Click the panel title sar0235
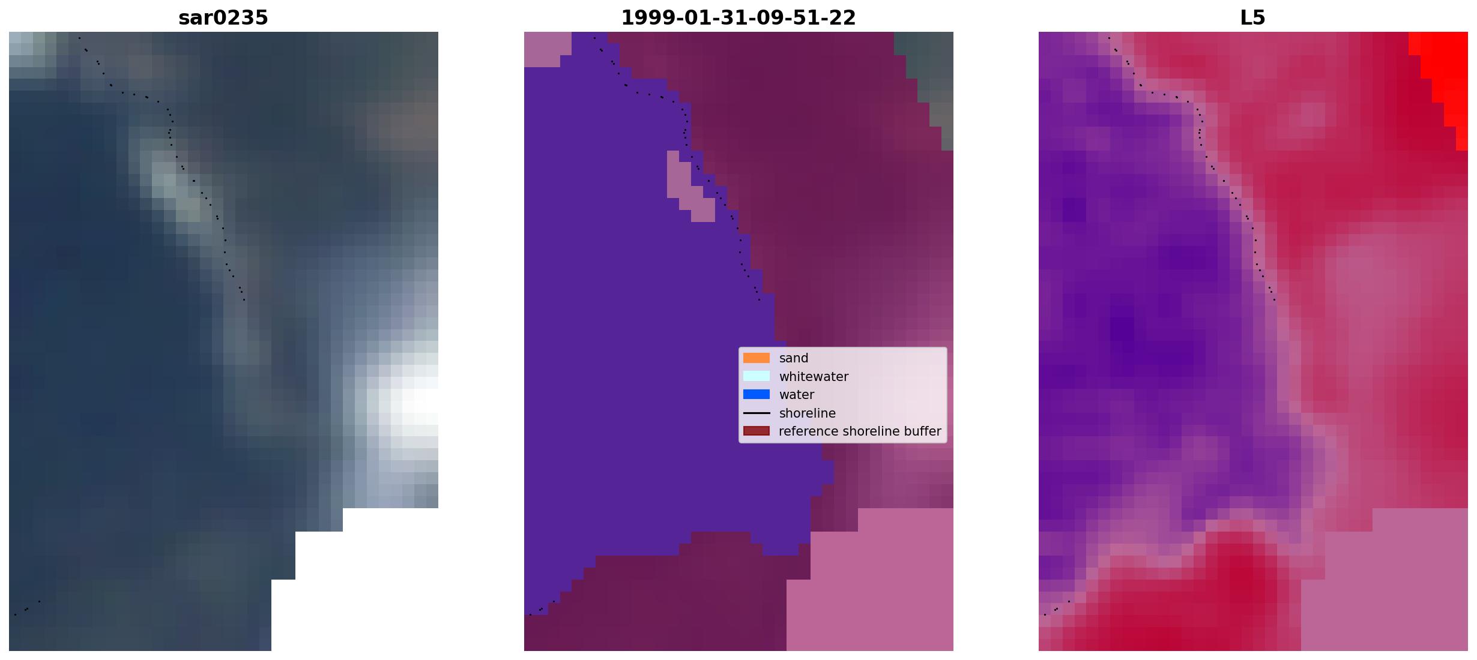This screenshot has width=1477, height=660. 223,18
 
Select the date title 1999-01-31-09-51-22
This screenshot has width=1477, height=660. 739,18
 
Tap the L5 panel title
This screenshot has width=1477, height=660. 1253,18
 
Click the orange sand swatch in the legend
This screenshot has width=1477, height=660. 757,358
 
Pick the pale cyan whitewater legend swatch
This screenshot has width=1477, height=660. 757,376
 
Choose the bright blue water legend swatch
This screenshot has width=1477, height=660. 757,395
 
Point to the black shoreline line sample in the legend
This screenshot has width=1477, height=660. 757,413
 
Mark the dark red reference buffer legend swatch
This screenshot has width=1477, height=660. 757,431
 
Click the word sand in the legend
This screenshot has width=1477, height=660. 794,358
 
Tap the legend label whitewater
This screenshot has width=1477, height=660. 814,377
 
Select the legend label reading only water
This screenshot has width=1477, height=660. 797,395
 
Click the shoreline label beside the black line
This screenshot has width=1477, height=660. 808,413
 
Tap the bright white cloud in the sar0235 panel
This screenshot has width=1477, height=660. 408,408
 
